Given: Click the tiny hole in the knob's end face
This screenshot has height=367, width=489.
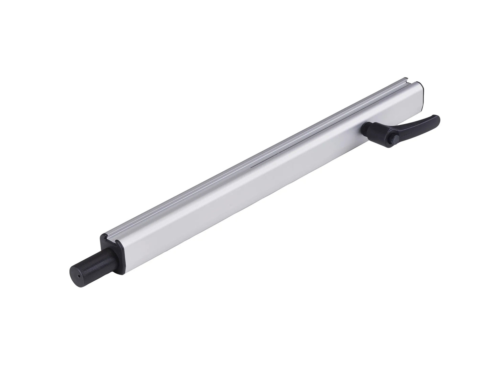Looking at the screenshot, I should [x=79, y=276].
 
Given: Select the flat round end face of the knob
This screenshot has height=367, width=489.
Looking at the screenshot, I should [x=77, y=275].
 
